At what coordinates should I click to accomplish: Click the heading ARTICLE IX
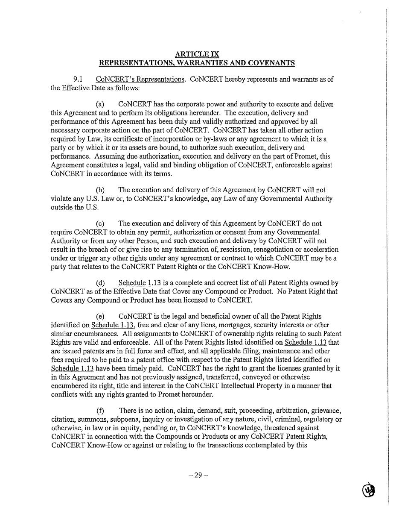pos(197,54)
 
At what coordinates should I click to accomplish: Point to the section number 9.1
pos(78,79)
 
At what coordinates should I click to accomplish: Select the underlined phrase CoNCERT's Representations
pos(140,79)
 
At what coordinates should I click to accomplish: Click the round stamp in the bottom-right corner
pos(369,490)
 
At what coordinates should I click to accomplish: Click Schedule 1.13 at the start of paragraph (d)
pos(140,282)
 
